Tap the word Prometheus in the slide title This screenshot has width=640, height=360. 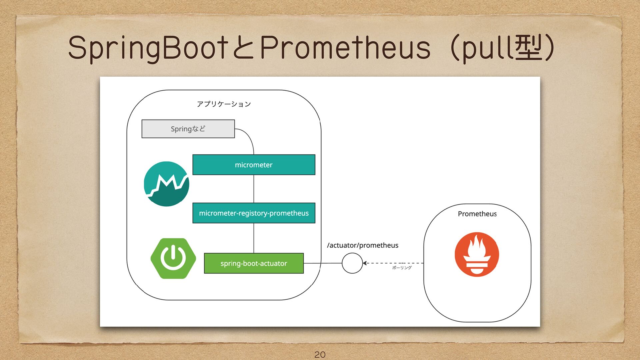click(345, 48)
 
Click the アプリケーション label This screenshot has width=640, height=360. click(224, 104)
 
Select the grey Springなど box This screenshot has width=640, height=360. click(188, 129)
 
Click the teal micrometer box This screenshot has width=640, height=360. click(254, 165)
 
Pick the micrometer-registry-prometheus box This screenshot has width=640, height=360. click(254, 213)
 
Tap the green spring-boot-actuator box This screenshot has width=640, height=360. click(254, 263)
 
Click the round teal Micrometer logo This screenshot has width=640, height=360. click(166, 184)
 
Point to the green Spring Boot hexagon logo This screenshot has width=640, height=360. click(173, 258)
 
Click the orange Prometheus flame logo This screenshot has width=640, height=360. click(477, 254)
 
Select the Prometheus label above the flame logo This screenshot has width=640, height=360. click(477, 214)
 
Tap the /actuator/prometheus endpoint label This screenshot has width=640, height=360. click(363, 245)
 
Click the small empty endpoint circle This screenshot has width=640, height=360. click(352, 263)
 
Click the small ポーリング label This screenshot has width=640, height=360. click(402, 268)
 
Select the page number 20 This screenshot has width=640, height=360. click(320, 355)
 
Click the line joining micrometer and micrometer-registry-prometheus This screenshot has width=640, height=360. click(254, 189)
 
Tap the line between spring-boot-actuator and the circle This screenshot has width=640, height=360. click(323, 263)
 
